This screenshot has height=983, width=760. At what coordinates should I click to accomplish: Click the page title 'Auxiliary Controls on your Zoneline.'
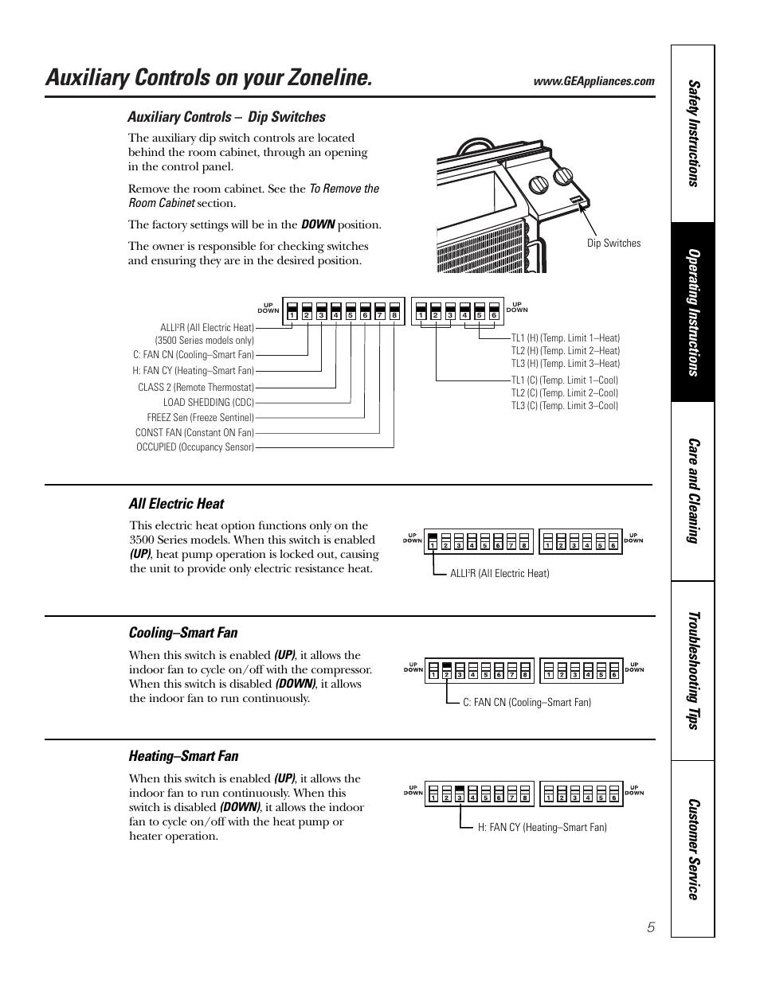pos(209,78)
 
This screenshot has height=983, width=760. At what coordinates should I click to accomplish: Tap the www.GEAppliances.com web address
pos(594,81)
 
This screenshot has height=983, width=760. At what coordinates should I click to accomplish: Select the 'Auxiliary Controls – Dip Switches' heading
pos(226,117)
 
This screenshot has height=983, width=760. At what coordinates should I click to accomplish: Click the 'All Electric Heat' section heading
pos(176,504)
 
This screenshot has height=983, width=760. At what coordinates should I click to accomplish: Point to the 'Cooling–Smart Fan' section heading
pos(183,633)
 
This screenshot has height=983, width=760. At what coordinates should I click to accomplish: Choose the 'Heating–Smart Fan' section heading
pos(183,756)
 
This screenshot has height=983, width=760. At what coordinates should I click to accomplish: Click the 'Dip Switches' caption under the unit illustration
pos(613,244)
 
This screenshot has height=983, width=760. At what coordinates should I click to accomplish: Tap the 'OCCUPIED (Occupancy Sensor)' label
pos(195,447)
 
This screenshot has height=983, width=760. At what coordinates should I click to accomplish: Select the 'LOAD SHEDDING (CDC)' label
pos(208,403)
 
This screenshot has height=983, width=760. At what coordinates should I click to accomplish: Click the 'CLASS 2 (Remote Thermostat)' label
pos(196,388)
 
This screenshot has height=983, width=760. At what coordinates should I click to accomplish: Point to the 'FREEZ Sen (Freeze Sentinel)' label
pos(200,418)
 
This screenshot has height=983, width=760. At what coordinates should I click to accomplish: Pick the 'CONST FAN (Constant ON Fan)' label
pos(194,433)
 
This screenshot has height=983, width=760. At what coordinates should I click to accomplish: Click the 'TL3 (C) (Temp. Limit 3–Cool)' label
pos(564,406)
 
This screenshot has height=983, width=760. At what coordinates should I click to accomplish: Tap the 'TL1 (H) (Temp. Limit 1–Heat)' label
pos(565,338)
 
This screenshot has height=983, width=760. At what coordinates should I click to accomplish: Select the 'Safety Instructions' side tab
pos(693,134)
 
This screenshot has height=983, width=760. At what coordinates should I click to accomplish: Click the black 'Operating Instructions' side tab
pos(693,312)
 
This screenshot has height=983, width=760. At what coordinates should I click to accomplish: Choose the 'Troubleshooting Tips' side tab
pos(693,670)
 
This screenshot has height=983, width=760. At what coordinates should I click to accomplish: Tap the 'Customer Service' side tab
pos(693,848)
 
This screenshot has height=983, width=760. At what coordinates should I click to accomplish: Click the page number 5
pos(651,927)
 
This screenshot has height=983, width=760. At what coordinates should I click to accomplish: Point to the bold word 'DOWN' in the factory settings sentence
pos(318,224)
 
